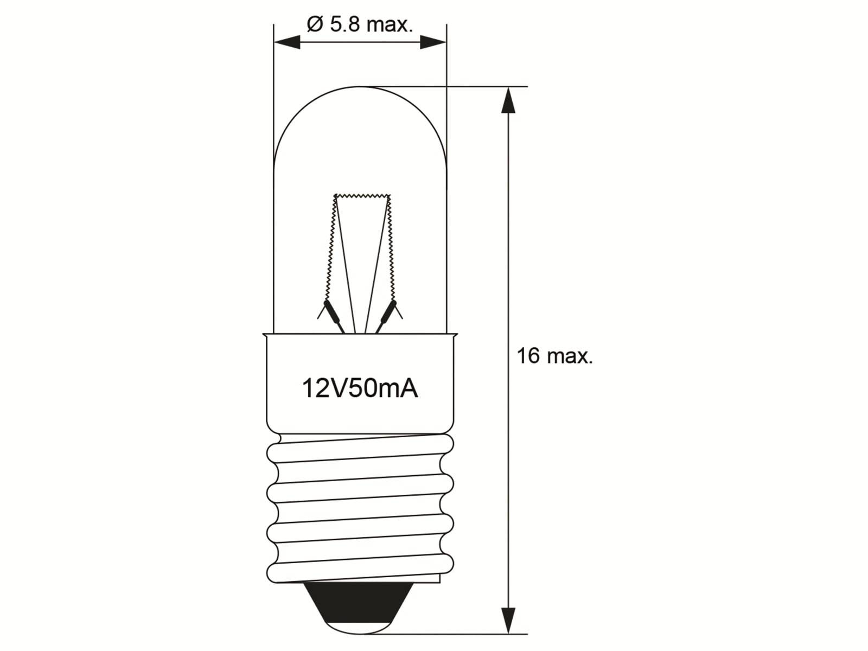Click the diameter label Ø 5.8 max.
pyautogui.click(x=360, y=24)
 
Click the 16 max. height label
pyautogui.click(x=554, y=356)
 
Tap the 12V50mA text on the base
pyautogui.click(x=360, y=388)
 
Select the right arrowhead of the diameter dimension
pyautogui.click(x=432, y=42)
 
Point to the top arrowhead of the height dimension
pyautogui.click(x=508, y=100)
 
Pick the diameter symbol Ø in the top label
pyautogui.click(x=315, y=24)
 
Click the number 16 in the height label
pyautogui.click(x=528, y=356)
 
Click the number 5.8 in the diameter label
pyautogui.click(x=344, y=24)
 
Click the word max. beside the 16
pyautogui.click(x=570, y=356)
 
